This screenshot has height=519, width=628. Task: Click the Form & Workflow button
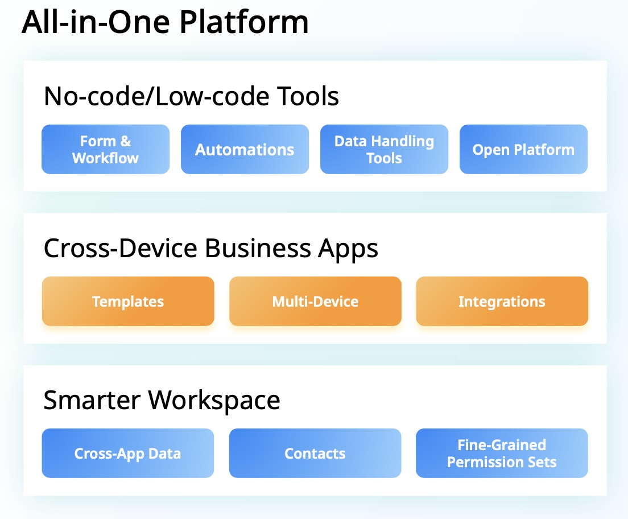click(x=106, y=149)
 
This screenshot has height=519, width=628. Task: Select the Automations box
click(x=245, y=149)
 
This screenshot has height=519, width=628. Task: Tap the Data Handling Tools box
click(x=384, y=149)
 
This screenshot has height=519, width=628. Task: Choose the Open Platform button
click(x=523, y=149)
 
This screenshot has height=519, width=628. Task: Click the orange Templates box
click(x=128, y=301)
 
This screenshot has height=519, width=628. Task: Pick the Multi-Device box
click(x=315, y=301)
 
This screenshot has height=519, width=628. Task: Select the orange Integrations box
click(x=502, y=301)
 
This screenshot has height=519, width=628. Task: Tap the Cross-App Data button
click(x=128, y=453)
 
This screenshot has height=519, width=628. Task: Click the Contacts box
click(x=315, y=453)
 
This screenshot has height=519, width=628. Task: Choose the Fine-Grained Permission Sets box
click(x=502, y=453)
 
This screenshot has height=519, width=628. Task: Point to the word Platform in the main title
click(x=244, y=22)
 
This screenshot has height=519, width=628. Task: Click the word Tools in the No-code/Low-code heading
click(x=308, y=96)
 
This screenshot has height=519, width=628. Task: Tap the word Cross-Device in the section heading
click(x=120, y=248)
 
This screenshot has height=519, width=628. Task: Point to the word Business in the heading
click(x=258, y=248)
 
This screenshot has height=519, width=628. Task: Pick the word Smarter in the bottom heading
click(x=92, y=400)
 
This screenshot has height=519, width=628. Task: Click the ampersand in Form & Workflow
click(x=125, y=141)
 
